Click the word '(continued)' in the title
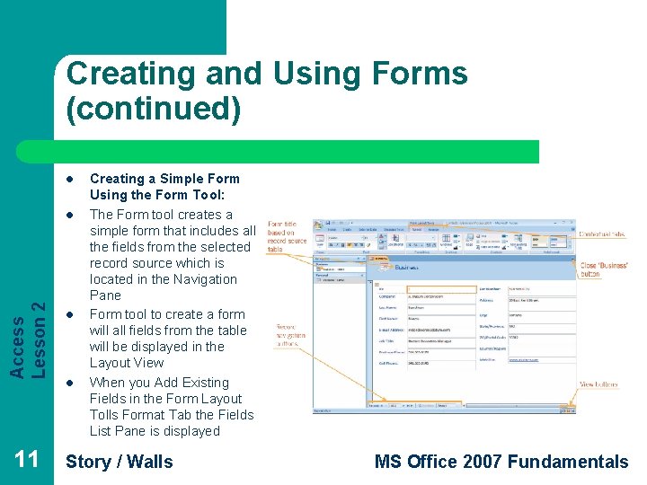[x=154, y=109]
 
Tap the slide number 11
[x=27, y=461]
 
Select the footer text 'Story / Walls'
[x=120, y=462]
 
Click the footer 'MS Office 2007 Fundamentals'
[x=501, y=462]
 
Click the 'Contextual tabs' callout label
[x=602, y=234]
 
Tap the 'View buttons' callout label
[x=598, y=384]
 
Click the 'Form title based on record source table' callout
[x=287, y=237]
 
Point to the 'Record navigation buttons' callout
[x=290, y=335]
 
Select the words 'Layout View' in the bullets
[x=127, y=363]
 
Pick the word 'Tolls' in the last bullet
[x=106, y=415]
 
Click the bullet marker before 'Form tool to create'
[x=69, y=315]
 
